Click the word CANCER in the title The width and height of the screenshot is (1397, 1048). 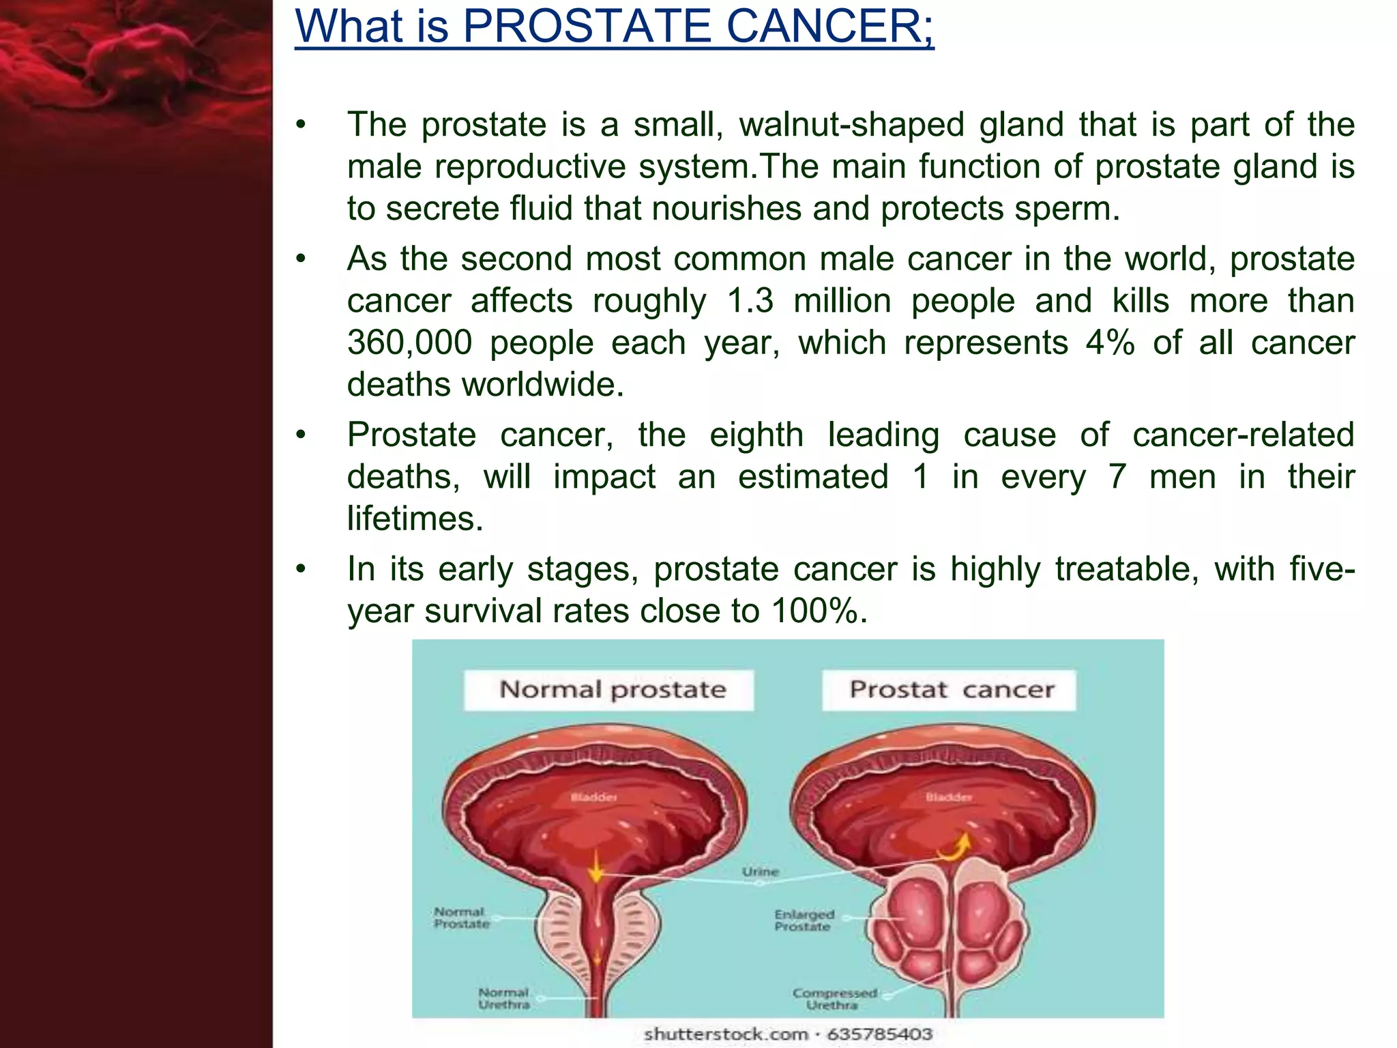(827, 27)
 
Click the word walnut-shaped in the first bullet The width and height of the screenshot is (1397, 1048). (851, 125)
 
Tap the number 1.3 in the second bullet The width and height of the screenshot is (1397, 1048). (750, 301)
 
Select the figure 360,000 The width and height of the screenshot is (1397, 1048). (409, 343)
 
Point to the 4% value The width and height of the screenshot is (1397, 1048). (1110, 343)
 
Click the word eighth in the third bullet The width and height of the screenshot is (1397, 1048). (756, 435)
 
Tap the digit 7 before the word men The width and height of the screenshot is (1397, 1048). (1117, 477)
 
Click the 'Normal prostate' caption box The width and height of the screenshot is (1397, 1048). (609, 690)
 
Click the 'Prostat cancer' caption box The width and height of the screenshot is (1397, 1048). (950, 690)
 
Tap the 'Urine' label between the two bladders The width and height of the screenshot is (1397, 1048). (760, 871)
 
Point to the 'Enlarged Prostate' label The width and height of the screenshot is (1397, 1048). (804, 920)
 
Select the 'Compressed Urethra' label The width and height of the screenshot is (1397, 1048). (834, 999)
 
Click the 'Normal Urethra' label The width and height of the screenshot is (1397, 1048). (504, 998)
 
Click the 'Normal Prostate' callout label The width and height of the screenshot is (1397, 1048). (462, 918)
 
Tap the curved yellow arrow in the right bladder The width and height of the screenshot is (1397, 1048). (955, 847)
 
